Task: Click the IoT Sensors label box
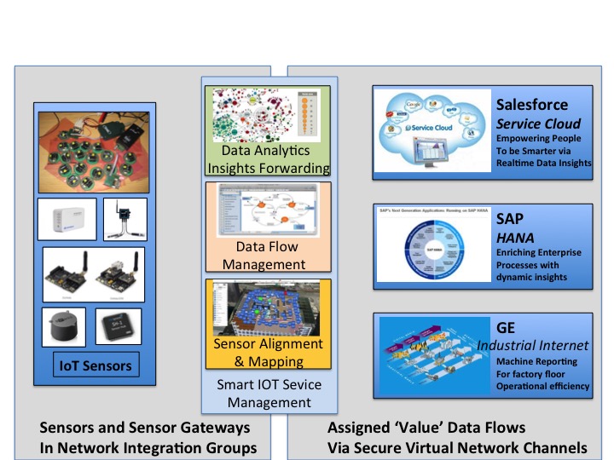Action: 95,365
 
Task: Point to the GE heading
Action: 507,328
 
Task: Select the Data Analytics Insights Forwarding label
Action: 268,159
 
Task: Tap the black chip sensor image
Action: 118,327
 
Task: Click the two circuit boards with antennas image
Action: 93,272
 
